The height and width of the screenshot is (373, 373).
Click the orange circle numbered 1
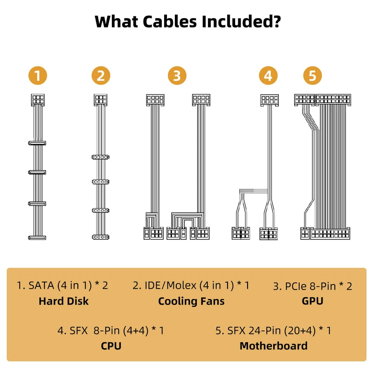(38, 76)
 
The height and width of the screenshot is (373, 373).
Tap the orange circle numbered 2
(101, 76)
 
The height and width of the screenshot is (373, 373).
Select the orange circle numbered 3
(177, 76)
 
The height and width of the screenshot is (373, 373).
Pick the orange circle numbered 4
(269, 76)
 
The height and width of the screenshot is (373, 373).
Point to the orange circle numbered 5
(312, 76)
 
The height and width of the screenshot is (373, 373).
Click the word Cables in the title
(170, 21)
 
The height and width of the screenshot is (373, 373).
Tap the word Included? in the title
(241, 21)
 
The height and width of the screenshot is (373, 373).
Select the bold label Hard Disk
(63, 301)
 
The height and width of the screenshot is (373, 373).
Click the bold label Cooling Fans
(191, 301)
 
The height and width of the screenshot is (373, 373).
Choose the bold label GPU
(312, 301)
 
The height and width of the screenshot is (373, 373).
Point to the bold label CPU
(111, 346)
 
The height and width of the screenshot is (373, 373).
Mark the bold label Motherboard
(273, 346)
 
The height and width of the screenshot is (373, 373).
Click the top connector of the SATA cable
(38, 100)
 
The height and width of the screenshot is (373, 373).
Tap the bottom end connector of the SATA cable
(37, 237)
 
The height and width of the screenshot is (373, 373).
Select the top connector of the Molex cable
(101, 100)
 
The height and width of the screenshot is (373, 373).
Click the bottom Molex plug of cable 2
(101, 237)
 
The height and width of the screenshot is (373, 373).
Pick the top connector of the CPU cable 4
(269, 100)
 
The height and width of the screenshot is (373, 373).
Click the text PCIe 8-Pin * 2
(312, 286)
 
